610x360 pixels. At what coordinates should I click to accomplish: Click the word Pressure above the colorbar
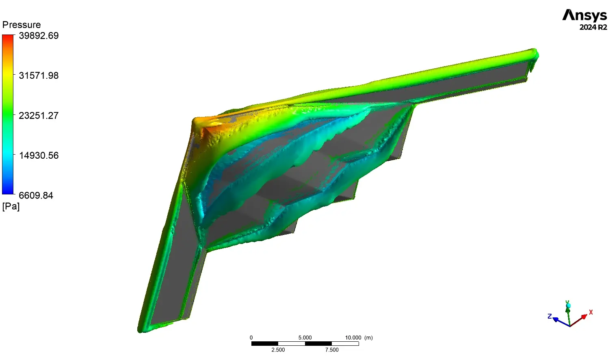[22, 25]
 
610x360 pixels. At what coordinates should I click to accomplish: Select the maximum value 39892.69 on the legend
[39, 36]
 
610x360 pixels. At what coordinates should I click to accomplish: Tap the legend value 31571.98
[39, 75]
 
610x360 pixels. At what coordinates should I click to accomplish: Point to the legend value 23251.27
[39, 115]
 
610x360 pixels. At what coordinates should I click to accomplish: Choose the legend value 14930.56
[39, 155]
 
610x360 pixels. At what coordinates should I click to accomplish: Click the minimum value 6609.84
[36, 195]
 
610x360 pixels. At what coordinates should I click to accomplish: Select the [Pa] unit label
[11, 207]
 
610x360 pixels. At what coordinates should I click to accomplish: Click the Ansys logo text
[585, 15]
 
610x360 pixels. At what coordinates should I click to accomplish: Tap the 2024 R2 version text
[593, 27]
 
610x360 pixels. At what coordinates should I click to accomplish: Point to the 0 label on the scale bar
[251, 338]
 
